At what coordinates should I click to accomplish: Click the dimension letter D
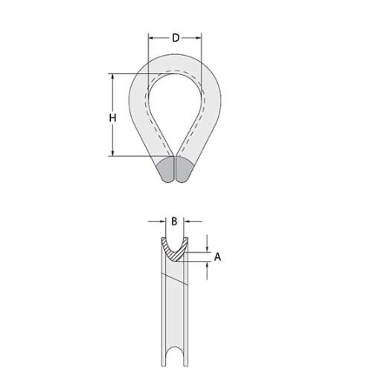176,38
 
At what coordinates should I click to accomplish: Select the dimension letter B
173,222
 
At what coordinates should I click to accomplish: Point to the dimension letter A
217,256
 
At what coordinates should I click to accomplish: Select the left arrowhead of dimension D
151,37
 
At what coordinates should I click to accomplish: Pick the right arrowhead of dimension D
199,37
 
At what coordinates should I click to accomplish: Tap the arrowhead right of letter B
187,222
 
